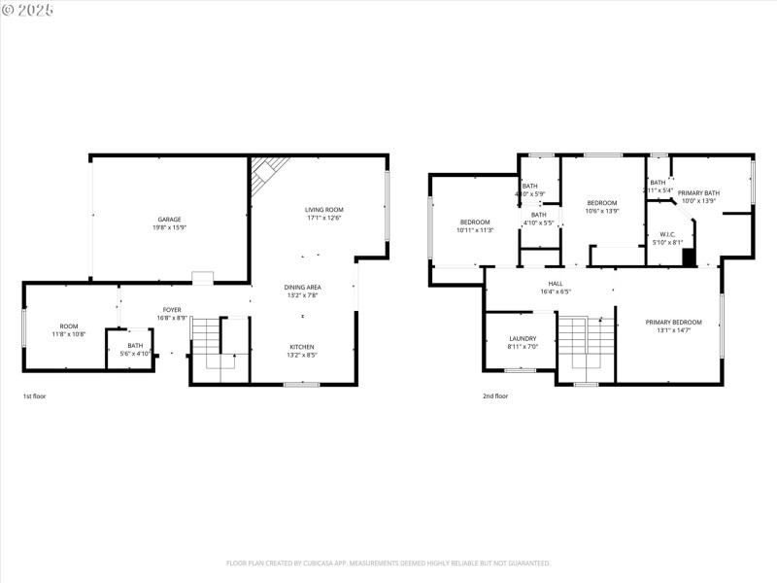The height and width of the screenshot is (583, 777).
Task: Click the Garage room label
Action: [170, 220]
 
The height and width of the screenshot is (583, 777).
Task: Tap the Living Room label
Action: [324, 210]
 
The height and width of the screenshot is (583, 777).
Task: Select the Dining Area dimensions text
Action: [302, 296]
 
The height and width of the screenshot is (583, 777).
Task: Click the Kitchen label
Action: [302, 347]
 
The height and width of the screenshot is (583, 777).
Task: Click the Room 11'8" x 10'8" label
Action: [69, 326]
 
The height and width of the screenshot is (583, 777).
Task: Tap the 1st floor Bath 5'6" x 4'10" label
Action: [135, 346]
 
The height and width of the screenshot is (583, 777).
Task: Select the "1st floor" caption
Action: [34, 396]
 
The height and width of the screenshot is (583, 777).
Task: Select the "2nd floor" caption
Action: [495, 396]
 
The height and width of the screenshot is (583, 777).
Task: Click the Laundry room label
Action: [522, 339]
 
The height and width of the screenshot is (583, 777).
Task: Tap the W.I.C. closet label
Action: [667, 234]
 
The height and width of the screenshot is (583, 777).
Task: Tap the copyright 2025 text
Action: [28, 9]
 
